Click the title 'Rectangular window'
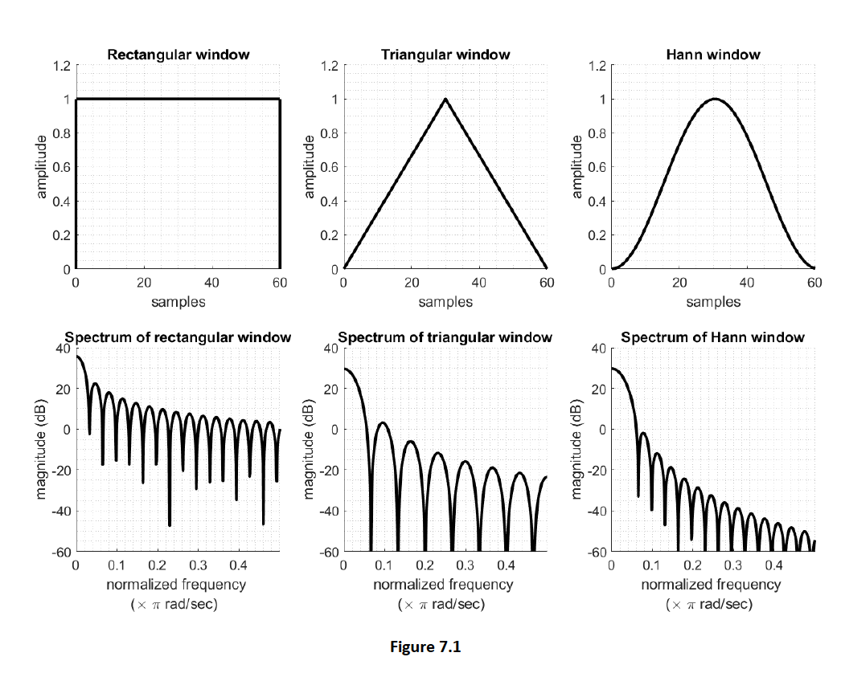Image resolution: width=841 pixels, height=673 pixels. coord(178,55)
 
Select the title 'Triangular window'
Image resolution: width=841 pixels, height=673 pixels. coord(445,55)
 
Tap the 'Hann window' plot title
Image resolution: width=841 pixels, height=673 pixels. coord(712,55)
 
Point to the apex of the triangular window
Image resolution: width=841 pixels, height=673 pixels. coord(445,100)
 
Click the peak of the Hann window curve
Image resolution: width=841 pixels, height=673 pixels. coord(713,100)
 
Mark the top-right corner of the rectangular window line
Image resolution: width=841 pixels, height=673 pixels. coord(279,100)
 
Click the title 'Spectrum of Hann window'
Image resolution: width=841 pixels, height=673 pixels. coord(712,337)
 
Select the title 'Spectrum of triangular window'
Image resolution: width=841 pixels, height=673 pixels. coord(445,337)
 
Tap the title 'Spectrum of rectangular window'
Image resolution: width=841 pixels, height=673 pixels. coord(178,337)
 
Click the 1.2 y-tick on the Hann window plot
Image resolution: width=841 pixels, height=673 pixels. coord(596,65)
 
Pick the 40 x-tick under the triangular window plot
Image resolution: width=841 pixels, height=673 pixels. coord(479,283)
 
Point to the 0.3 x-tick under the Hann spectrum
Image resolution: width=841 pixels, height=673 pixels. coord(733,565)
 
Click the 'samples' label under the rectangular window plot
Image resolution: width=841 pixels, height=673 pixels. coord(178,302)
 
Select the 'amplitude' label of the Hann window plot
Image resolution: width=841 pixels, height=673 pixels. coord(576,167)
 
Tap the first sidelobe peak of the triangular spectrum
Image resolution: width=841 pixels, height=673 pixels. coord(383,422)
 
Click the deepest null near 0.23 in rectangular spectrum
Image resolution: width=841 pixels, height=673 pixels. coord(170,524)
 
